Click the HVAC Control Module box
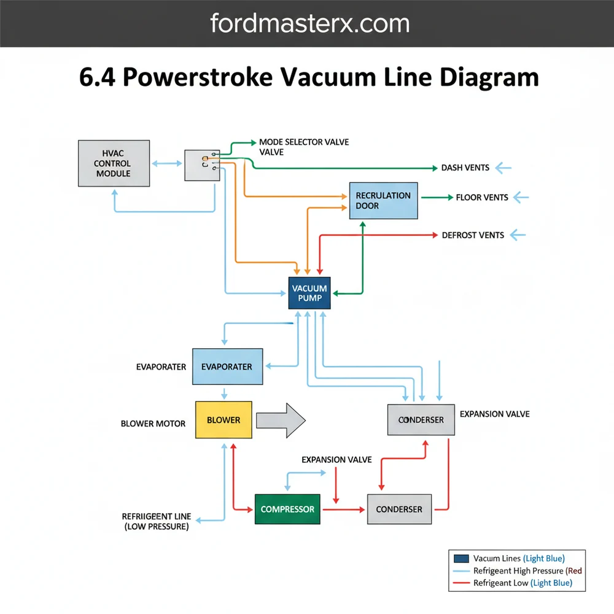click(113, 163)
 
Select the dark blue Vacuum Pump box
click(309, 293)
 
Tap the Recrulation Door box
click(383, 200)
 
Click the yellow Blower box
click(223, 420)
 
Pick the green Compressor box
click(287, 509)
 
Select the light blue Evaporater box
click(227, 367)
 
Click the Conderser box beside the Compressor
click(399, 509)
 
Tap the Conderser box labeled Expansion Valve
click(421, 420)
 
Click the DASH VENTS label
click(465, 168)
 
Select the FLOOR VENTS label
click(482, 198)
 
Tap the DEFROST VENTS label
click(473, 235)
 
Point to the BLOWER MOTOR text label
click(153, 424)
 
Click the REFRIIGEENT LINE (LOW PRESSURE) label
click(156, 521)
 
